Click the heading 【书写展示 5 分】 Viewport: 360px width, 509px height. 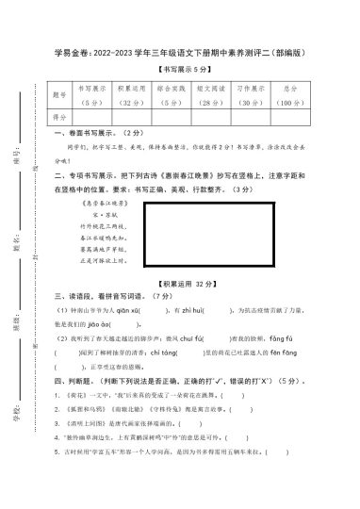coord(192,71)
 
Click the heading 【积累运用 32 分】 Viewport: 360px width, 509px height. coord(193,283)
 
